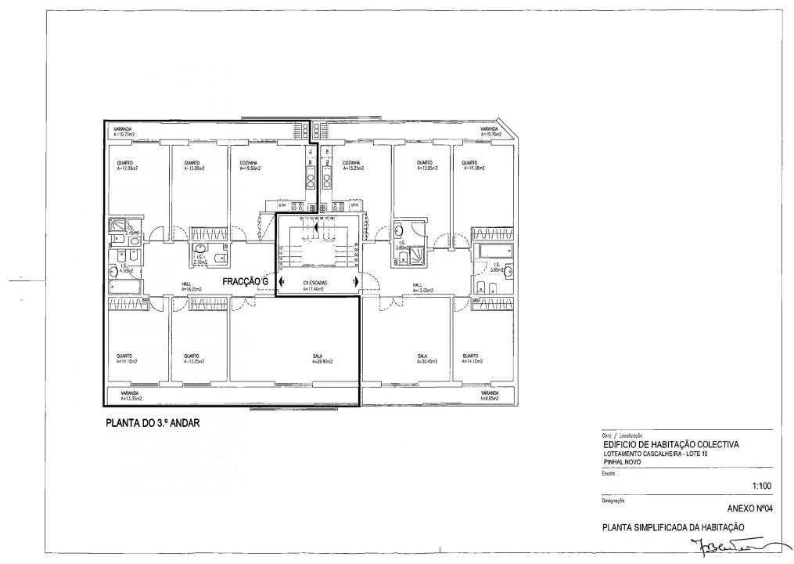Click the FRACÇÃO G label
pos(245,280)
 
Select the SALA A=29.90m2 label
pos(322,360)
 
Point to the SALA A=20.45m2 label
pos(427,360)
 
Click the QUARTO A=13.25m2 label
pos(194,360)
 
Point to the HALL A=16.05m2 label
pos(192,287)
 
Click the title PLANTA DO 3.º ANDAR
pos(153,423)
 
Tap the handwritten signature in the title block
pos(731,542)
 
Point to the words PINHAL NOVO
pos(623,462)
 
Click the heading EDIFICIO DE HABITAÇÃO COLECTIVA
pos(670,445)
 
